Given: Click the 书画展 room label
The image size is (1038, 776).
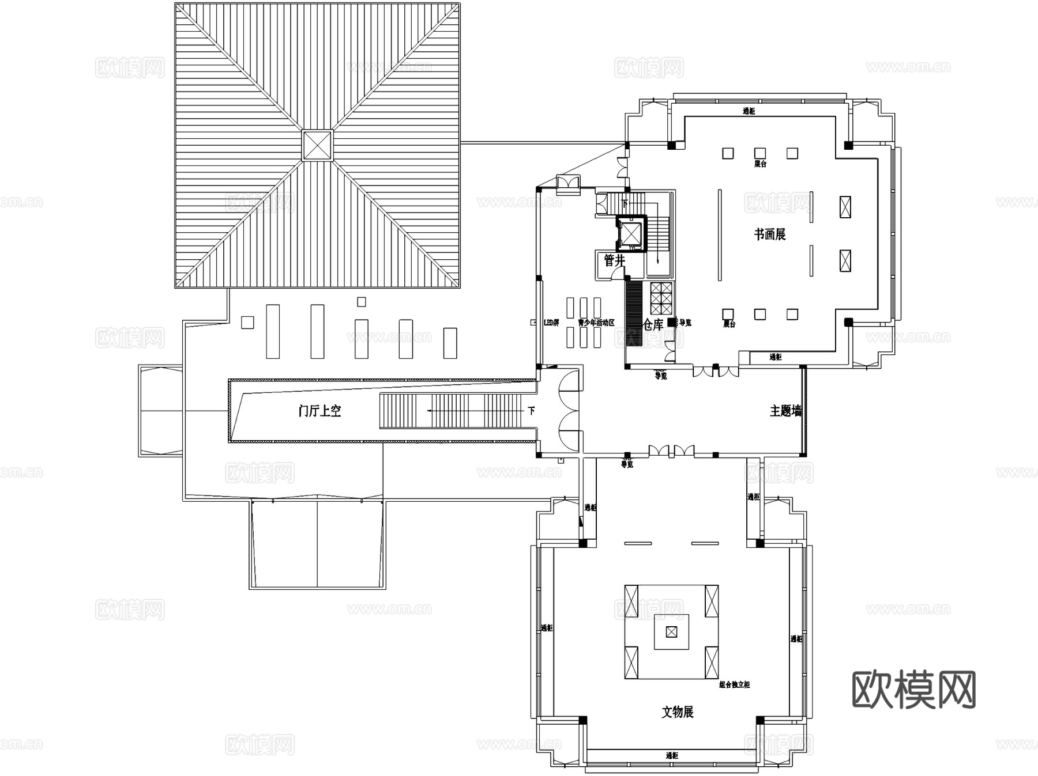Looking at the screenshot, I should tap(770, 234).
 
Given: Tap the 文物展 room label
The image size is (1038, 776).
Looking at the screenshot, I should tap(677, 712).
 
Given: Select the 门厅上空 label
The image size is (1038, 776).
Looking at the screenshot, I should tap(320, 411).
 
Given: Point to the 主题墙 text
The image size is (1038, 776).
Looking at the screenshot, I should tap(785, 411).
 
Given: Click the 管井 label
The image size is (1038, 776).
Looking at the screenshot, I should tap(614, 261).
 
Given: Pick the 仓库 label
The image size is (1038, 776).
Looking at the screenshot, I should tap(653, 325).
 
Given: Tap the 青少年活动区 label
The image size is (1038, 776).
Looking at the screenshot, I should tap(596, 323).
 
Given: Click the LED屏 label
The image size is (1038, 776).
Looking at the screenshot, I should tap(551, 323).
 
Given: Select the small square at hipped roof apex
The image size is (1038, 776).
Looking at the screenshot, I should tap(317, 145).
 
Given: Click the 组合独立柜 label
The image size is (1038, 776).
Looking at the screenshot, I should tap(734, 685).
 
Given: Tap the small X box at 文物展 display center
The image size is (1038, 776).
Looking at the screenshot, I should tap(671, 632).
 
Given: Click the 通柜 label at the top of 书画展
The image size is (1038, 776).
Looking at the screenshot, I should tap(749, 111).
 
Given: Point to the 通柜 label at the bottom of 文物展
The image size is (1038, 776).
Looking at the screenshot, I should tap(672, 755).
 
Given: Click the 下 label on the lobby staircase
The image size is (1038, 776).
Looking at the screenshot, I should tap(531, 411).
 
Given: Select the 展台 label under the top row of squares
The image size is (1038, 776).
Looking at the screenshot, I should tap(760, 164).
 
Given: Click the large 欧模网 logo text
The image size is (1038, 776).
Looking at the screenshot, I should tap(913, 690).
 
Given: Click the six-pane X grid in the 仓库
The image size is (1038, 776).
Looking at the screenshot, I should tap(661, 298).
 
